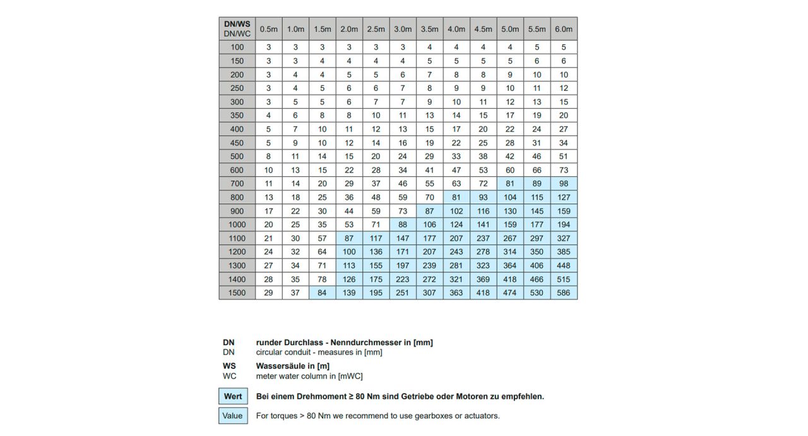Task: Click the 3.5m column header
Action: pyautogui.click(x=429, y=29)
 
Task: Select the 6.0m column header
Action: pyautogui.click(x=564, y=29)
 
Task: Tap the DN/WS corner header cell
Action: pyautogui.click(x=237, y=29)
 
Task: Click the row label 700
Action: pyautogui.click(x=237, y=184)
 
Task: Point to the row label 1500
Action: pyautogui.click(x=237, y=293)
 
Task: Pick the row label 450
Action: pyautogui.click(x=237, y=143)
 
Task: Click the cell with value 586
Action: pyautogui.click(x=564, y=293)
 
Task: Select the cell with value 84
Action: pyautogui.click(x=322, y=293)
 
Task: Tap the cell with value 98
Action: pyautogui.click(x=564, y=184)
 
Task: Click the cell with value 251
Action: pyautogui.click(x=402, y=293)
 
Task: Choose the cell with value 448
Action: pyautogui.click(x=564, y=266)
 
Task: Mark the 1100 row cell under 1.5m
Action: pyautogui.click(x=322, y=238)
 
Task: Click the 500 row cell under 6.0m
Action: pyautogui.click(x=564, y=157)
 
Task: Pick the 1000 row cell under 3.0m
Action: pyautogui.click(x=402, y=225)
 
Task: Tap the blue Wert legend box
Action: pyautogui.click(x=233, y=397)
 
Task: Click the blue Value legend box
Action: pyautogui.click(x=233, y=416)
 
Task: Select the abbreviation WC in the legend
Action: pyautogui.click(x=229, y=376)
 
